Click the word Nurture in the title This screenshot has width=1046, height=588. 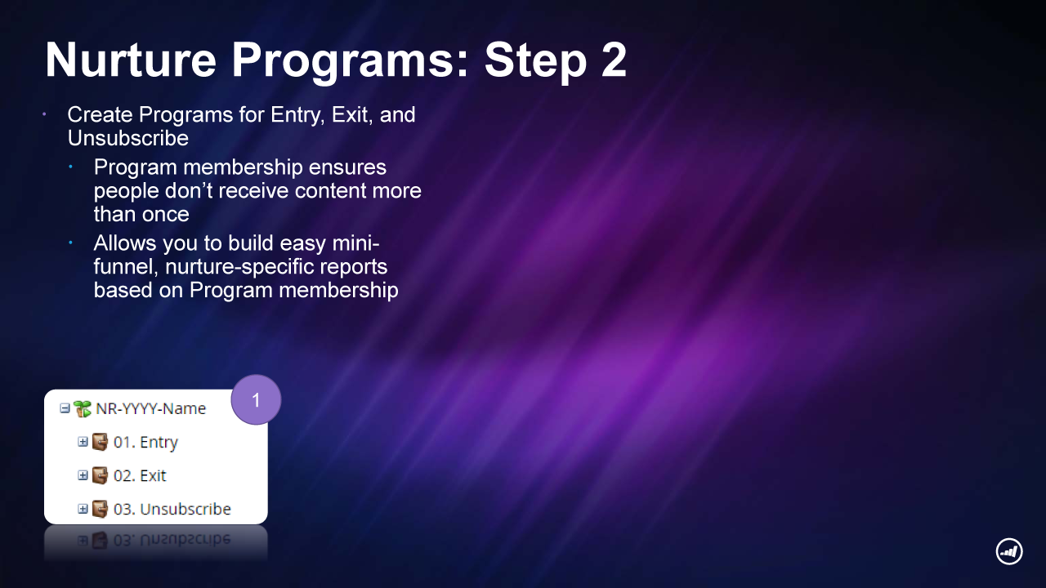[131, 60]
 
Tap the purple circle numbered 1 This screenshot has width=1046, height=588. [256, 399]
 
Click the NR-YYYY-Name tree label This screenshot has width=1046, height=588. [150, 409]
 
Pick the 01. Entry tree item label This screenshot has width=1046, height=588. [145, 443]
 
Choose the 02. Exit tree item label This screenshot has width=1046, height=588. [140, 475]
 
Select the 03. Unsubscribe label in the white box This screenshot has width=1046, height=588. [172, 509]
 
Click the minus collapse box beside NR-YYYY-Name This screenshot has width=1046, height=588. [65, 409]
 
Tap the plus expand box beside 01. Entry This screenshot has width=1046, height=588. [83, 442]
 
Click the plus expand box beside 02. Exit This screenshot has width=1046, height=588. [83, 475]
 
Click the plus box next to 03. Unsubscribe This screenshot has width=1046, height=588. [83, 509]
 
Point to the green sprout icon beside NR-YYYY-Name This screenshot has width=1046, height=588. [83, 409]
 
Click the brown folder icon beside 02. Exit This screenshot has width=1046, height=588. [100, 475]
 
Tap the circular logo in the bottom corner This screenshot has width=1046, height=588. [1009, 551]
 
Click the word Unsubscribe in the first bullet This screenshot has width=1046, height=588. [128, 138]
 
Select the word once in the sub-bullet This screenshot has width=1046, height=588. [165, 215]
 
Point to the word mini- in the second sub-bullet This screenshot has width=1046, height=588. [355, 243]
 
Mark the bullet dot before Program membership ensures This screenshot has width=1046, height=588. [70, 167]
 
